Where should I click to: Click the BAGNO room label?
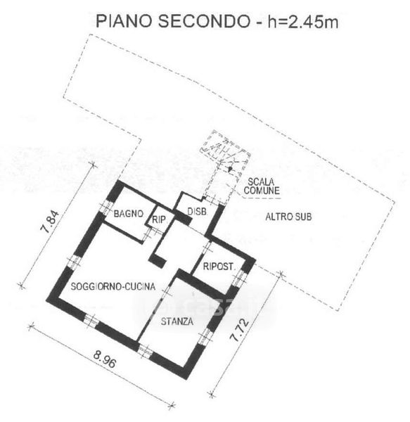(128, 214)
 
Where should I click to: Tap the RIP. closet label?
(159, 220)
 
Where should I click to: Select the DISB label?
(197, 212)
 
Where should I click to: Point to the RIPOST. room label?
(219, 267)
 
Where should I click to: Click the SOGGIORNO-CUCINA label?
(113, 286)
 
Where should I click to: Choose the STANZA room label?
(177, 321)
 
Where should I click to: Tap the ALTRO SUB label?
(288, 217)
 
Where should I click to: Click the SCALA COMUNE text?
(262, 186)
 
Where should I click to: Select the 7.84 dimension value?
(49, 222)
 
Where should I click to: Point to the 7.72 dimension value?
(240, 331)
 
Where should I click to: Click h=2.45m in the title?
(302, 22)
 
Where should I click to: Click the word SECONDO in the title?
(204, 21)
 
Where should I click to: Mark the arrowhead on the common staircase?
(229, 169)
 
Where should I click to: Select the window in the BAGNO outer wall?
(106, 207)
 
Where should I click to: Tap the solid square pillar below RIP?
(158, 260)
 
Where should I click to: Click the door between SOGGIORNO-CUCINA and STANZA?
(166, 293)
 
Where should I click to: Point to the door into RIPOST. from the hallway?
(207, 250)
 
